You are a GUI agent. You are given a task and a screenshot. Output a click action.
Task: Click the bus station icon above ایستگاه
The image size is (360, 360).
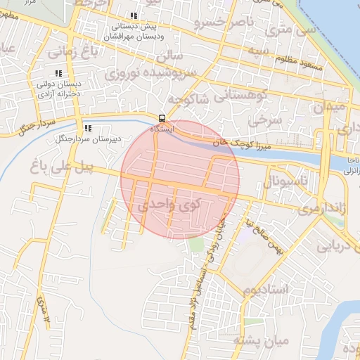coord(162,118)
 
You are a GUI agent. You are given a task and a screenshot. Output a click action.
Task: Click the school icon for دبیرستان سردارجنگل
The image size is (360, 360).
coord(88,128)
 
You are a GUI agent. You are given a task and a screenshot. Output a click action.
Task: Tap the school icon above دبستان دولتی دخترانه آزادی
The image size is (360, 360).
coord(58,73)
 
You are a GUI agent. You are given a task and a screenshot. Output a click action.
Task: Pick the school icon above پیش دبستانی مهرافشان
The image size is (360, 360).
coord(134,16)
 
